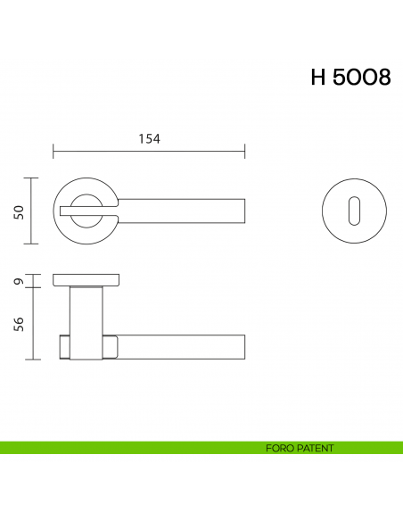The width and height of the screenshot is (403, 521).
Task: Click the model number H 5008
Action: click(x=350, y=78)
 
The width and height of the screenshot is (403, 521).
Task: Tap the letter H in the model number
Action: click(x=317, y=78)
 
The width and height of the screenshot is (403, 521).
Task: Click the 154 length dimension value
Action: click(x=148, y=137)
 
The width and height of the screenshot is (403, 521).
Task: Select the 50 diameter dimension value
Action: click(x=18, y=211)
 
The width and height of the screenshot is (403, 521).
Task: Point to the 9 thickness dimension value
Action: click(x=18, y=282)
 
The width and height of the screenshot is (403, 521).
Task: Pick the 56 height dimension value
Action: click(x=18, y=324)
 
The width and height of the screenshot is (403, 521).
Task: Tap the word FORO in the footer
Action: click(x=280, y=448)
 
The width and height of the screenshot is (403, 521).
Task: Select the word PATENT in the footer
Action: click(x=316, y=448)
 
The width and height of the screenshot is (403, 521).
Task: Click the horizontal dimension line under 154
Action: click(x=148, y=151)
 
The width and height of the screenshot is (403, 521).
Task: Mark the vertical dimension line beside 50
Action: click(x=33, y=211)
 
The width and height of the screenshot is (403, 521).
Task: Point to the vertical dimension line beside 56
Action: click(x=33, y=324)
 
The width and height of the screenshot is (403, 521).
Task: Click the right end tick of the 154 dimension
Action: click(x=244, y=151)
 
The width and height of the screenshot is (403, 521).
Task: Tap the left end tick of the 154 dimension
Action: click(x=53, y=151)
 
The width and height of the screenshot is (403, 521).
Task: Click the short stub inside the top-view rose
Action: click(x=75, y=211)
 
